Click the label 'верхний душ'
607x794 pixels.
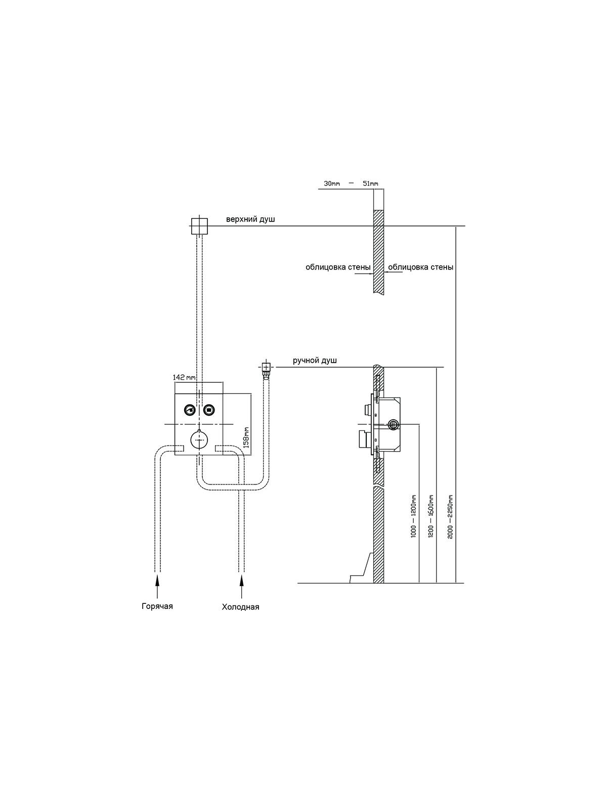(250, 219)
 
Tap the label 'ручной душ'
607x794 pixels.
(315, 361)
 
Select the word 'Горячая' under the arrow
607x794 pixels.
(157, 606)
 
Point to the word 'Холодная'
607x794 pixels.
(241, 607)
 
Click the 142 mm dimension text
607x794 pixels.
(184, 377)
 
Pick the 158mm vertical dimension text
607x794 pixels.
(247, 437)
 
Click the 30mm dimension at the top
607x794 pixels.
(332, 184)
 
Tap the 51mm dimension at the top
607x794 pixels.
(370, 184)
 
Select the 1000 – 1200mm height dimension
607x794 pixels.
(414, 516)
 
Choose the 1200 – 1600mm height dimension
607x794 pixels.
(431, 516)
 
